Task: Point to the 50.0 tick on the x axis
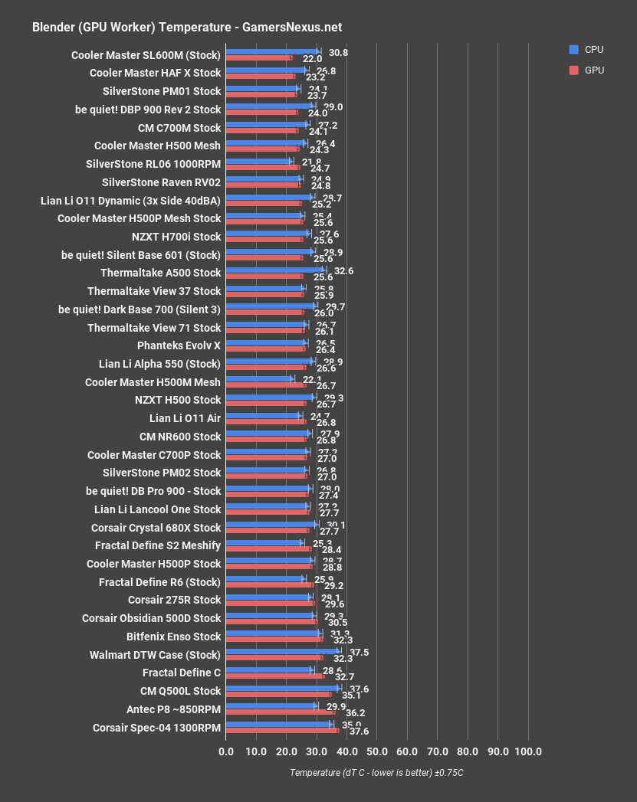coord(377,751)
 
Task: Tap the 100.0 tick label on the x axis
coord(528,751)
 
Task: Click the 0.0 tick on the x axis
coord(226,751)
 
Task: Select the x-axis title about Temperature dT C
coord(376,773)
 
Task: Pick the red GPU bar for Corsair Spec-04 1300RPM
coord(282,731)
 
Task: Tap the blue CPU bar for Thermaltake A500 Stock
coord(274,269)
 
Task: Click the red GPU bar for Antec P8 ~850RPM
coord(280,712)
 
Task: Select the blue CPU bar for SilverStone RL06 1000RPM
coord(258,160)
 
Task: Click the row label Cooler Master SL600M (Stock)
coord(146,55)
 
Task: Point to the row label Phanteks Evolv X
coord(179,345)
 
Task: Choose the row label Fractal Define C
coord(182,673)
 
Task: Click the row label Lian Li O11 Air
coord(185,418)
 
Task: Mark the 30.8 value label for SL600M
coord(338,53)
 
